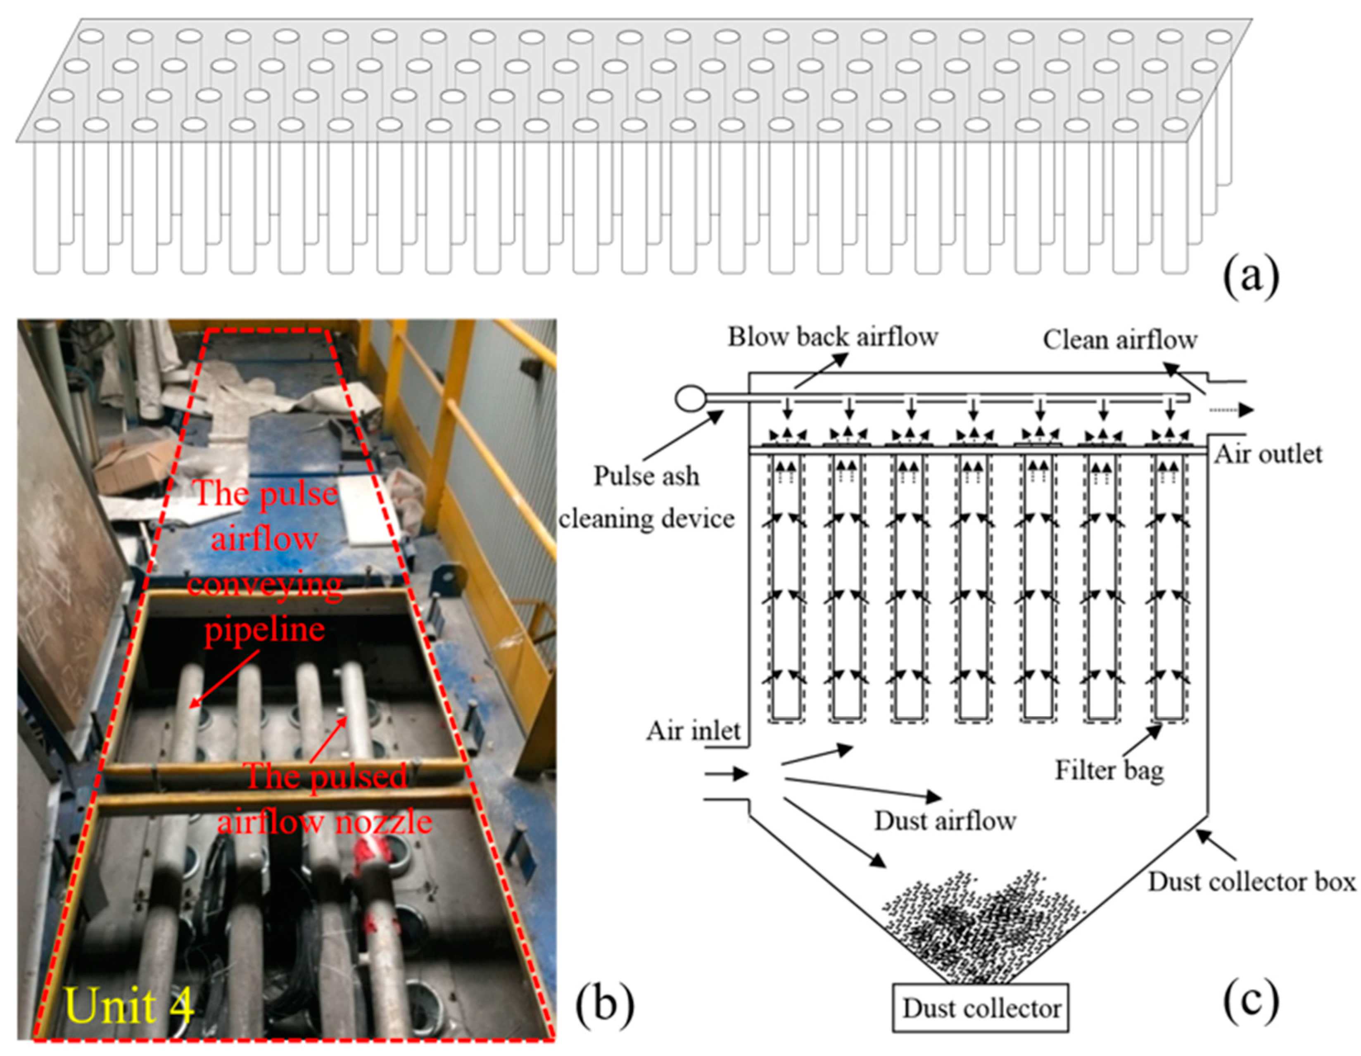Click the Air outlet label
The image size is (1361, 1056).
1268,454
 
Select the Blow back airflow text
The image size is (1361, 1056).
833,337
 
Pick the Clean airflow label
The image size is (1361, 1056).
1120,340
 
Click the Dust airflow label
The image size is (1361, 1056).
945,821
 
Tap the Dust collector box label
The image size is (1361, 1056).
1251,882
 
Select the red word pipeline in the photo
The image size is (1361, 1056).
265,629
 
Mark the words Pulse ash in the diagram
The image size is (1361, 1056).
646,477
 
